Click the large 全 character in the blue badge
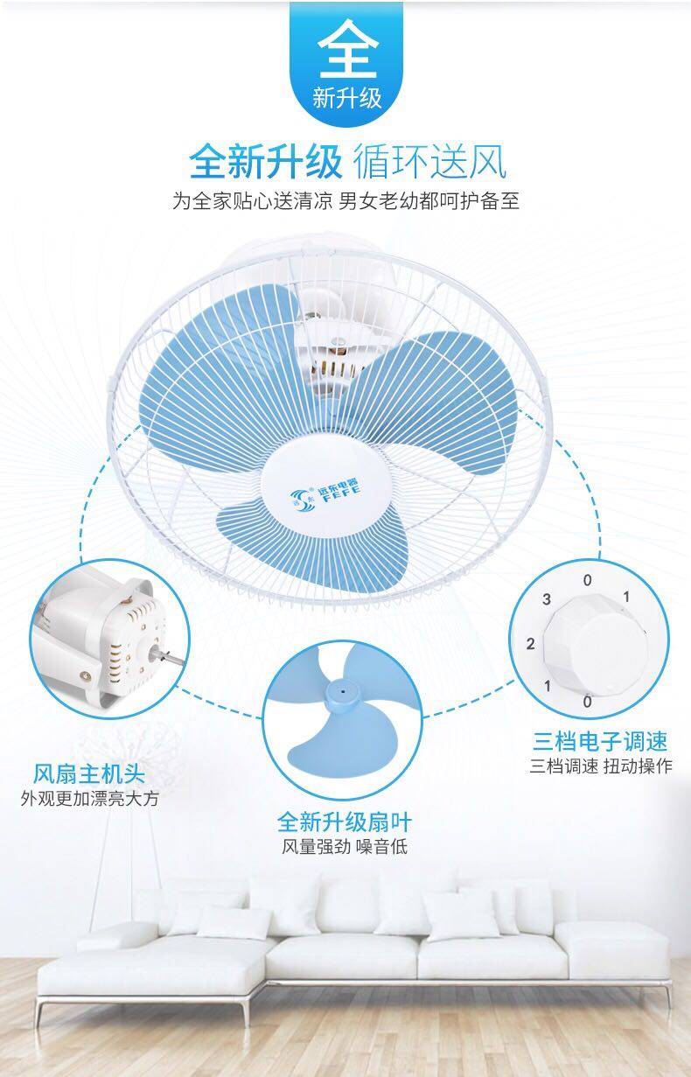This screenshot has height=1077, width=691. click(346, 52)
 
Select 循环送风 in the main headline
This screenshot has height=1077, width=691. click(429, 162)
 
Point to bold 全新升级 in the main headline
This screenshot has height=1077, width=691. click(265, 162)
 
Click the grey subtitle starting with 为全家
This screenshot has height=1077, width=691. click(345, 202)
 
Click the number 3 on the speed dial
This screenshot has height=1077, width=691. click(547, 599)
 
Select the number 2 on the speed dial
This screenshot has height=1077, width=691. click(530, 645)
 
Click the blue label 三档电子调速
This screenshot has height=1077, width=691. click(600, 742)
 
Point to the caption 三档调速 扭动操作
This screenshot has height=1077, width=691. click(600, 767)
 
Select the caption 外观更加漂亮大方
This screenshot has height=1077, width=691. click(90, 798)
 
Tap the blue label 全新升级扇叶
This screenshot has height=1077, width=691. click(344, 822)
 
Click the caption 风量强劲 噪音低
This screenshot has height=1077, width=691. click(344, 846)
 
